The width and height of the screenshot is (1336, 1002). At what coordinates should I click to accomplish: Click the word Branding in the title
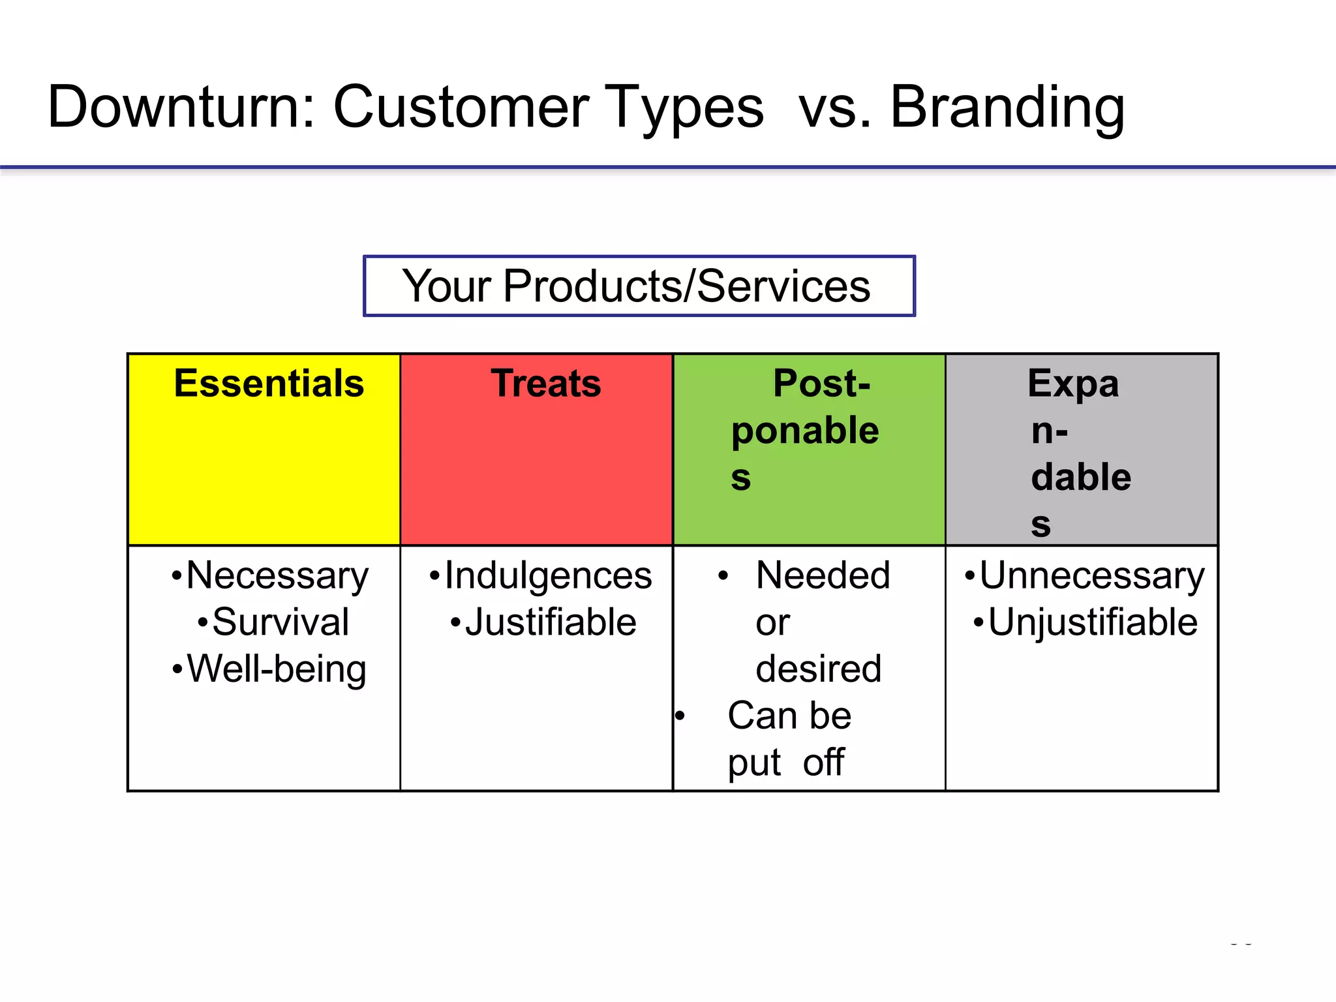click(x=1007, y=108)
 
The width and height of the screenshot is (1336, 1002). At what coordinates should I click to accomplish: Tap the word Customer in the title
click(x=461, y=108)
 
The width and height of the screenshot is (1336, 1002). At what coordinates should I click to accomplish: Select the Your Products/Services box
click(x=639, y=286)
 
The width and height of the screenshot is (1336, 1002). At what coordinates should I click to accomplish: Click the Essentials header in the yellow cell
click(x=269, y=384)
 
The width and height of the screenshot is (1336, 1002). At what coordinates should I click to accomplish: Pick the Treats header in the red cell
click(x=546, y=384)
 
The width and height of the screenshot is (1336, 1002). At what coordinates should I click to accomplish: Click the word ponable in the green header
click(x=805, y=431)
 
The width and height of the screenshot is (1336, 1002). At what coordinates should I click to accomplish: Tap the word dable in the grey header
click(x=1081, y=477)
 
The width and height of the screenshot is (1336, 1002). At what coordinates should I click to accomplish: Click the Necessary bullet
click(x=277, y=576)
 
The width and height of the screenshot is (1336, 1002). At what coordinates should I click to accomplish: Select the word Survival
click(x=281, y=622)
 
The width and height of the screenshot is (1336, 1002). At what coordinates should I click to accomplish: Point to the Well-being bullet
click(x=277, y=669)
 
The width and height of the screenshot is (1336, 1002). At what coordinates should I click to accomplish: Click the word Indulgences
click(x=548, y=576)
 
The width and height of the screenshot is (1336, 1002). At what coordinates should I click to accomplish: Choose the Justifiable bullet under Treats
click(x=550, y=622)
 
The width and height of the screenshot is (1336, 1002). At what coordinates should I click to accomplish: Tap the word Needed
click(x=823, y=576)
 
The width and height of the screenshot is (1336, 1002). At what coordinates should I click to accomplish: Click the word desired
click(x=818, y=669)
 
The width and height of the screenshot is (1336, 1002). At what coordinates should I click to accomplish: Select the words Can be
click(x=789, y=716)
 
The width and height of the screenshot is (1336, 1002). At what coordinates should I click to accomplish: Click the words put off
click(x=786, y=763)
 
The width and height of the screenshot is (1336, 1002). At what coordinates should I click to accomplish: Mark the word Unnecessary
click(x=1091, y=576)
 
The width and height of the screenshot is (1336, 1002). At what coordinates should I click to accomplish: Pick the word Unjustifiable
click(x=1092, y=622)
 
